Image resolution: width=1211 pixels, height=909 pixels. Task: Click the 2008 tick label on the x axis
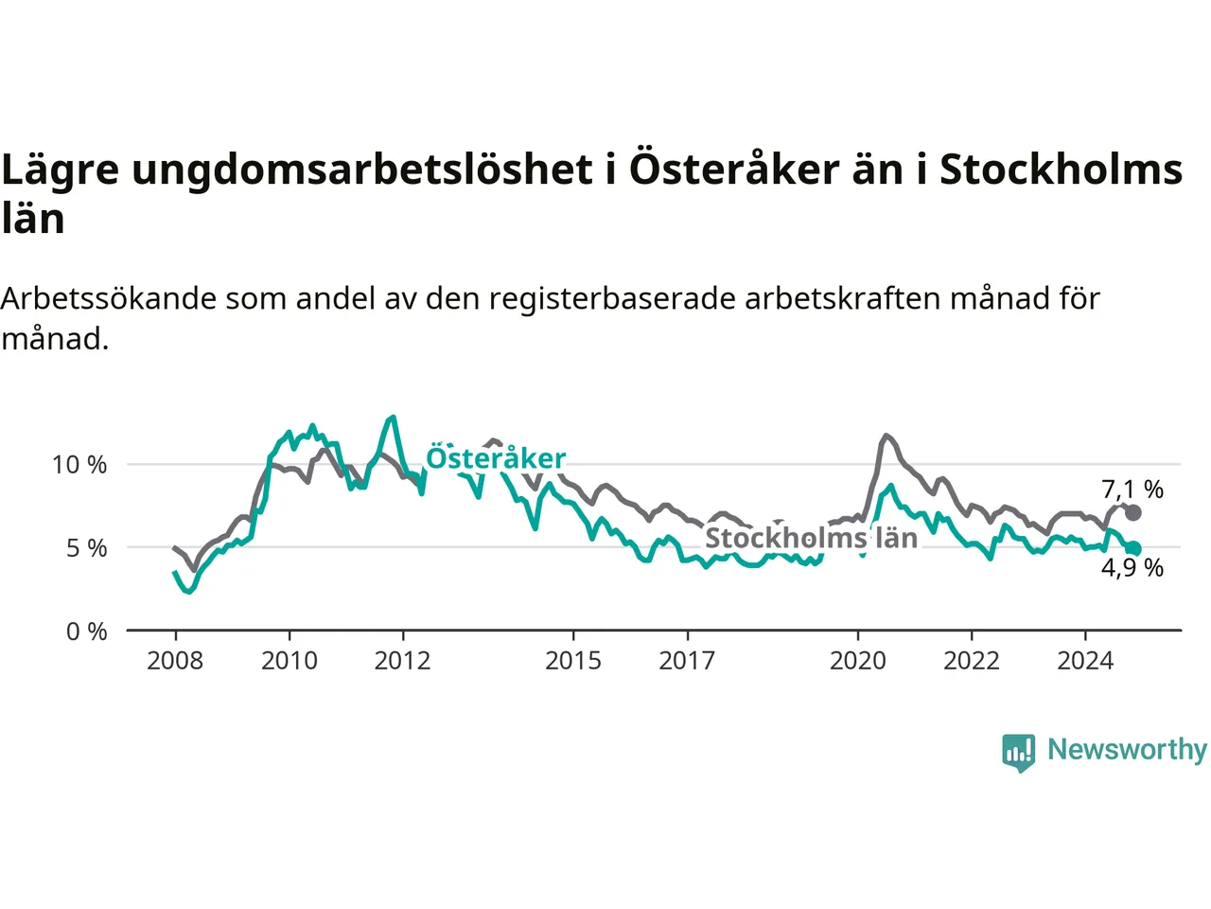tap(175, 661)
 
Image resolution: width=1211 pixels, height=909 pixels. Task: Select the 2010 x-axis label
tap(290, 661)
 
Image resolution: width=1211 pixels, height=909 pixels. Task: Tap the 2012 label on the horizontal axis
tap(402, 661)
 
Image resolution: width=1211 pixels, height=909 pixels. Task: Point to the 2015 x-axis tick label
tap(573, 661)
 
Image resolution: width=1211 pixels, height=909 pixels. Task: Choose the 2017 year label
tap(687, 661)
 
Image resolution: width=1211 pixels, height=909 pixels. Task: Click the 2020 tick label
tap(858, 661)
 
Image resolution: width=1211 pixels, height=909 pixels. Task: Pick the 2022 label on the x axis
tap(972, 661)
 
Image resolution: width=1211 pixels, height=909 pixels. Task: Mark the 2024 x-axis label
tap(1085, 661)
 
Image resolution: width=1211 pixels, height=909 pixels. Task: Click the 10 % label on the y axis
tap(79, 465)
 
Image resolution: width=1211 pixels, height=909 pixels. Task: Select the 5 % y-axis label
tap(87, 548)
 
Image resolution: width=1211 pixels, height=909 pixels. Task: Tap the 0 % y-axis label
tap(87, 632)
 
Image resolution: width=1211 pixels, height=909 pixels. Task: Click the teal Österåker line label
tap(496, 458)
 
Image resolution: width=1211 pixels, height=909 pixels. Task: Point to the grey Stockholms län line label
tap(812, 538)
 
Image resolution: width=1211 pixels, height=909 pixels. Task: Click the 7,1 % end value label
tap(1132, 489)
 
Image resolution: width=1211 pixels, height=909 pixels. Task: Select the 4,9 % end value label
tap(1132, 567)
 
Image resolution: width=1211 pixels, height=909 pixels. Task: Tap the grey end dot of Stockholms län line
tap(1133, 512)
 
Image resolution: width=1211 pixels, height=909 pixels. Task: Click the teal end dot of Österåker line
tap(1133, 548)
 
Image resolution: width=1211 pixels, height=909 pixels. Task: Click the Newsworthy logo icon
tap(1018, 753)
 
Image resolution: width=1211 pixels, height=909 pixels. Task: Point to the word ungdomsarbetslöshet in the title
tap(362, 169)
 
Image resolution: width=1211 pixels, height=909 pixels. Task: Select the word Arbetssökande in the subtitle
tap(109, 298)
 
